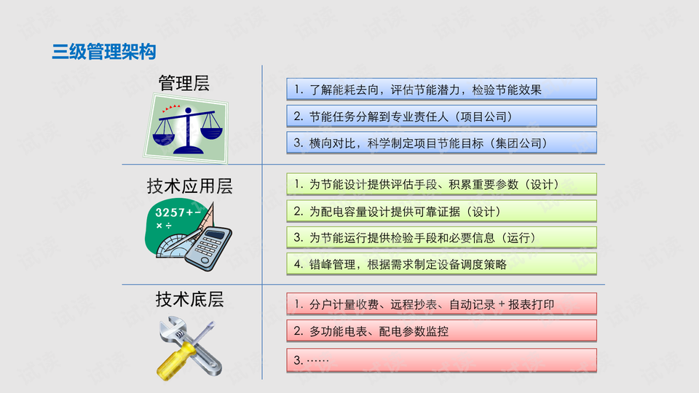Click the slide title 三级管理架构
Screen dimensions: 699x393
coord(104,52)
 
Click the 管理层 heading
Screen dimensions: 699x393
coord(184,83)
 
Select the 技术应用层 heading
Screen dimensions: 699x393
coord(190,186)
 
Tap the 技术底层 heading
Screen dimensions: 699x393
coord(190,299)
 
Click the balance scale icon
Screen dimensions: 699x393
coord(188,130)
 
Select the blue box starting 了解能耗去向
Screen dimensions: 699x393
coord(441,89)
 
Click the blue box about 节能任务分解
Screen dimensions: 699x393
coord(441,116)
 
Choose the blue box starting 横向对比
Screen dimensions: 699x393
coord(441,143)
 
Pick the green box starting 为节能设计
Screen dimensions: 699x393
coord(441,184)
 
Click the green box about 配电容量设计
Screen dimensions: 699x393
coord(441,211)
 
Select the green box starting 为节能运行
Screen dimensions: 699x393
coord(441,237)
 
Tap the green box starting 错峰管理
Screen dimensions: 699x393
coord(441,264)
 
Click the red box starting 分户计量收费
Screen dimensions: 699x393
coord(441,304)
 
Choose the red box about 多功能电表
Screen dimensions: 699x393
coord(441,331)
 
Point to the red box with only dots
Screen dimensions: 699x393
coord(441,360)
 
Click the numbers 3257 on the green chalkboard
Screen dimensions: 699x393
coord(170,213)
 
